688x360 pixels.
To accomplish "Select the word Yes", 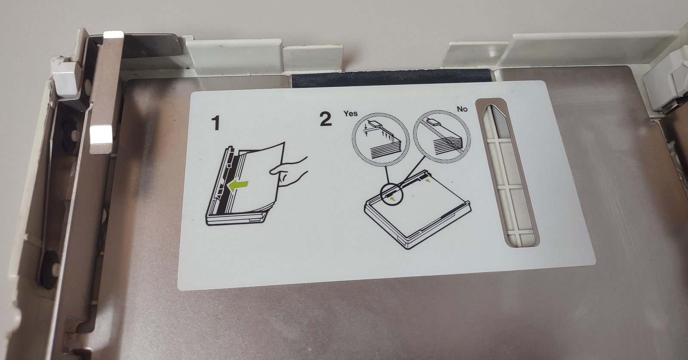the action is [x=350, y=114].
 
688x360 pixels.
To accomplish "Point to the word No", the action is [x=462, y=109].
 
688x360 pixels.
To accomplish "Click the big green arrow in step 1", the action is [x=238, y=186].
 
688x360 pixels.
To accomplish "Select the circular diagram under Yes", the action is [x=380, y=140].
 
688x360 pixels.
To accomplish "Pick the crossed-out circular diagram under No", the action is [x=442, y=137].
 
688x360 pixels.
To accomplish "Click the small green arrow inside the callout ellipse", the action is [x=392, y=199].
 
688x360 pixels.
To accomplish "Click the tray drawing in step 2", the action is [x=418, y=209].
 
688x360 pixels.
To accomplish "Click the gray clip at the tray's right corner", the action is [x=666, y=86].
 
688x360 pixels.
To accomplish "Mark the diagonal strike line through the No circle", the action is [x=442, y=137].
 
